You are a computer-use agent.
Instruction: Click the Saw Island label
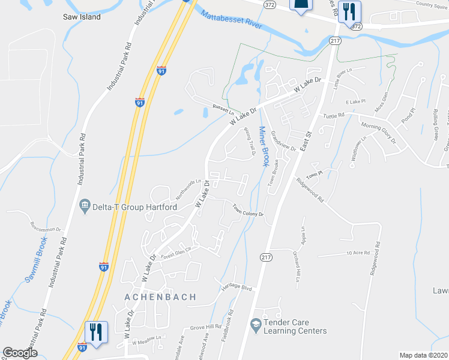82,17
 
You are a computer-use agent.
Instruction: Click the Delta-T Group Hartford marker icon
85,206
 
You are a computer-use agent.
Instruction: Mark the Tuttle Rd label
333,115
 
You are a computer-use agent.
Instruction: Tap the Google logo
20,353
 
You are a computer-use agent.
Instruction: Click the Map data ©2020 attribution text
423,355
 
